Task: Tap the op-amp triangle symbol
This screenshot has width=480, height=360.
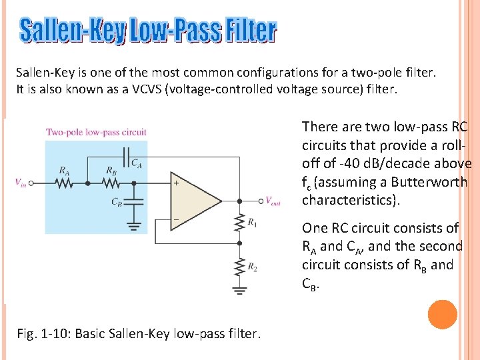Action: coord(193,201)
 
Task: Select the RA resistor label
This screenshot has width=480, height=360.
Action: coord(64,171)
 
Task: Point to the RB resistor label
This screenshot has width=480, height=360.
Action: coord(112,171)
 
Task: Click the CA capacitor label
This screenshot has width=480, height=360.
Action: coord(135,162)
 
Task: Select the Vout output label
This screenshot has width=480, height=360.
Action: coord(273,201)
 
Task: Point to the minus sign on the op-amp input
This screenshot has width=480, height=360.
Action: coord(177,219)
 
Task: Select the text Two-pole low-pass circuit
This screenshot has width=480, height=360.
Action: coord(96,132)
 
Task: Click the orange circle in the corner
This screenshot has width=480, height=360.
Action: coord(443,315)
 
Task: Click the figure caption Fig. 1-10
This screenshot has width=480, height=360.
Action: coord(138,333)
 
